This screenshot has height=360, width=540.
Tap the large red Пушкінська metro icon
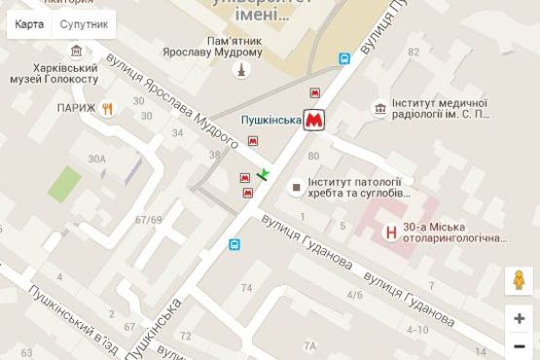point(313,121)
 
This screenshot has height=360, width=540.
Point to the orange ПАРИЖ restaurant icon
point(109,108)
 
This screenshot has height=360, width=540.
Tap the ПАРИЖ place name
point(77,108)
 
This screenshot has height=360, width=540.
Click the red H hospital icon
point(391,233)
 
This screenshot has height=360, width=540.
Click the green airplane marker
point(264,174)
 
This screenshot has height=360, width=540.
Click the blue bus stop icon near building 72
point(234,244)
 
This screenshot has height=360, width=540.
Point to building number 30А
point(95,159)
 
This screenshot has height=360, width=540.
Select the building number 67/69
point(149,219)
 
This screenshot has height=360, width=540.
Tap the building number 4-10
point(417,330)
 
